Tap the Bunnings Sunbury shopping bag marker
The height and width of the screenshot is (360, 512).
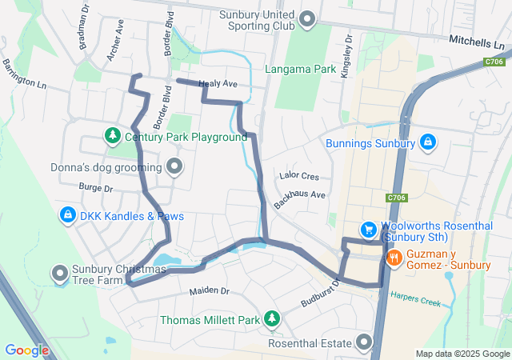click(x=428, y=142)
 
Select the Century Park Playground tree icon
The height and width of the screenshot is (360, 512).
click(x=113, y=136)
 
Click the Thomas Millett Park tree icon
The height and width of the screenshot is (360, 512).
click(x=272, y=319)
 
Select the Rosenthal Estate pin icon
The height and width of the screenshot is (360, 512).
click(x=365, y=344)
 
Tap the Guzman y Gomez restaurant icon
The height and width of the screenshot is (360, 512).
click(x=394, y=258)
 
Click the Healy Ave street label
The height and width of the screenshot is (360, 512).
click(x=218, y=83)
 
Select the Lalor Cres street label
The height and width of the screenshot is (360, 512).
click(x=299, y=175)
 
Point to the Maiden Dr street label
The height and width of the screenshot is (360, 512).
click(x=209, y=290)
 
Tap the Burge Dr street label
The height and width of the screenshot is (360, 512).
click(x=96, y=188)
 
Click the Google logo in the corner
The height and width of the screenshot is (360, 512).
click(x=27, y=350)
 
